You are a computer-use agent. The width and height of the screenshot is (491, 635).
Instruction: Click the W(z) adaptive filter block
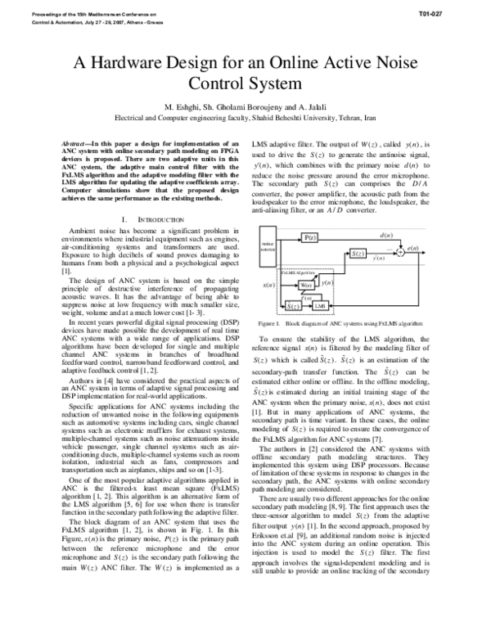(307, 284)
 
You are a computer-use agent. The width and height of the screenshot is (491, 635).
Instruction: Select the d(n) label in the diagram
(387, 236)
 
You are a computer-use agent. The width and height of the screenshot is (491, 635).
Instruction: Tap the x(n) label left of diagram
(267, 284)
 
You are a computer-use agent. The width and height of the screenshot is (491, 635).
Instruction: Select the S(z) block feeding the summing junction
(358, 254)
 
